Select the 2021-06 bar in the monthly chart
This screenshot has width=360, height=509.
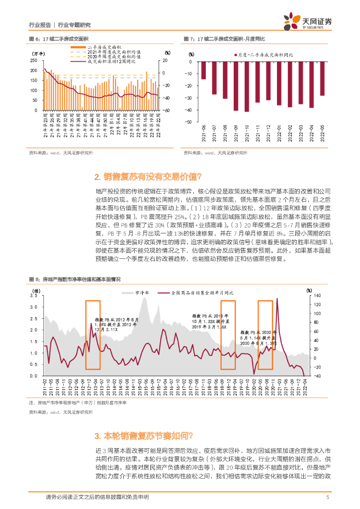(x=203, y=70)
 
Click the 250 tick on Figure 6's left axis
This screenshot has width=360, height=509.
(x=33, y=60)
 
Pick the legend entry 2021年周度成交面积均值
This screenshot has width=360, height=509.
(x=106, y=52)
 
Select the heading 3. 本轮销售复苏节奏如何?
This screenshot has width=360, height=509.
(x=144, y=436)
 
